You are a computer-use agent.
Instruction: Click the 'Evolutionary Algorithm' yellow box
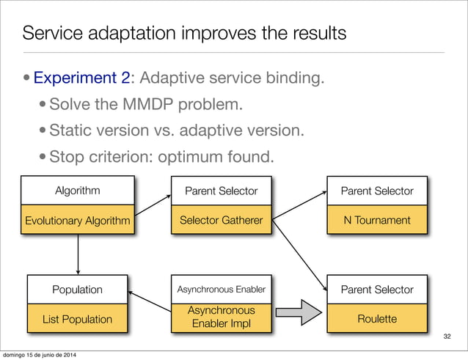(78, 219)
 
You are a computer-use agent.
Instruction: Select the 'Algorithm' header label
(78, 191)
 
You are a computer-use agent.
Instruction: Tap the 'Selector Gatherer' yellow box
(221, 219)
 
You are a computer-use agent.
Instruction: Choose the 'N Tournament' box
(377, 219)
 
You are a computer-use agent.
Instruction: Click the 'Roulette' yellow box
(377, 319)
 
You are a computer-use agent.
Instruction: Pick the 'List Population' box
(77, 319)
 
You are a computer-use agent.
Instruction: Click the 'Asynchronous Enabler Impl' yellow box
(221, 317)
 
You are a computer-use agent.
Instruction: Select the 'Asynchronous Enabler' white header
(221, 289)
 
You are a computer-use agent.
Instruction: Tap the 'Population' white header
(77, 289)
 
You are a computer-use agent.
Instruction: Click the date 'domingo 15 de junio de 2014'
(46, 355)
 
